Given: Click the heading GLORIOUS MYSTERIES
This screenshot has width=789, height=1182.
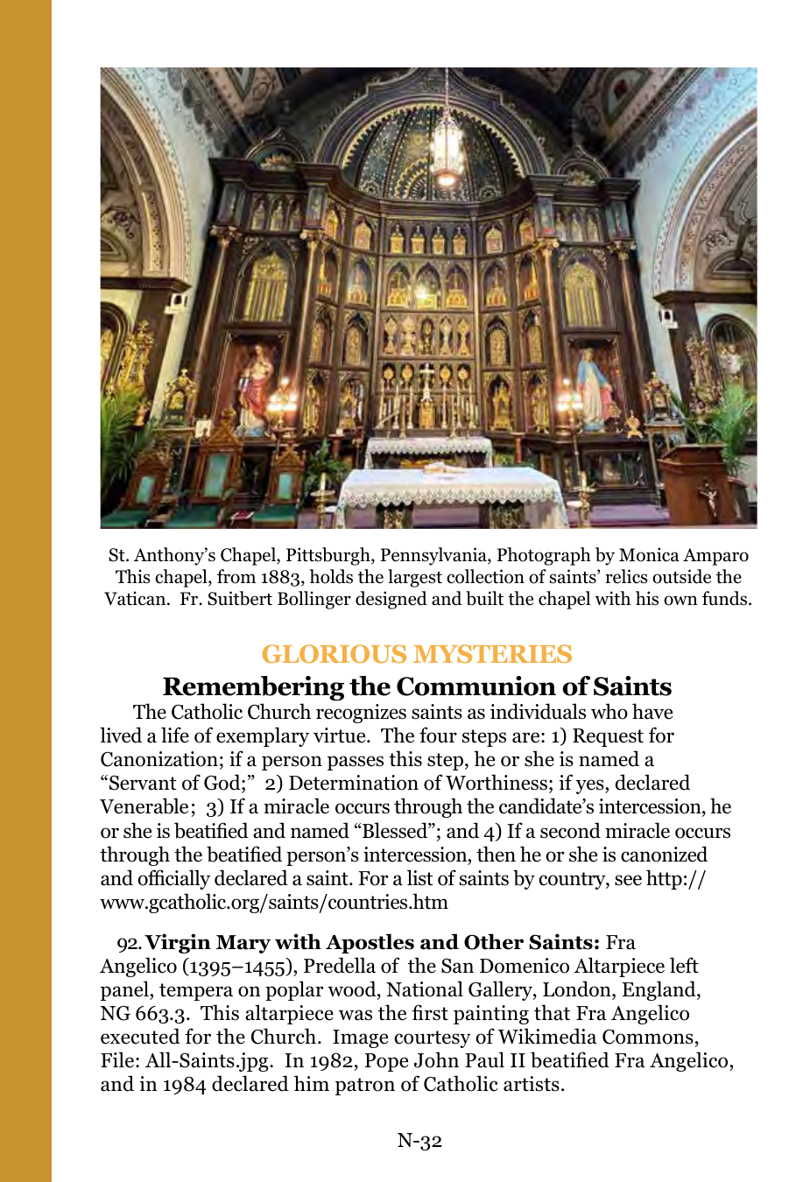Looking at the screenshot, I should pyautogui.click(x=417, y=655).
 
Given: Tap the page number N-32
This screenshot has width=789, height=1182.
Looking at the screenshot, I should pyautogui.click(x=419, y=1140).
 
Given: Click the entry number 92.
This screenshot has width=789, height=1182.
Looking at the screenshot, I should pyautogui.click(x=129, y=944).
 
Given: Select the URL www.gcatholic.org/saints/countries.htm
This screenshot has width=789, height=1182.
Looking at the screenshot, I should pyautogui.click(x=274, y=903).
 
